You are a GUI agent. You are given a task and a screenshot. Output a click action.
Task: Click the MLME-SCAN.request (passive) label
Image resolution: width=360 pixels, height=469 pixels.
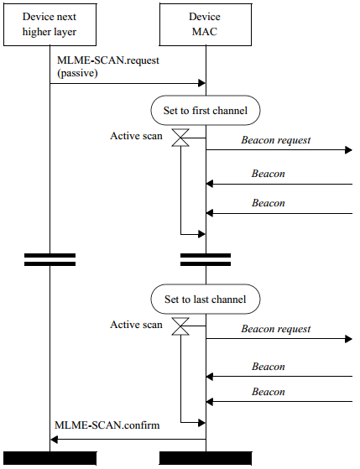coord(108,66)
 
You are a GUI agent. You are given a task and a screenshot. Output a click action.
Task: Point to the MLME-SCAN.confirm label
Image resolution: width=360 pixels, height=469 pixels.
coord(107,425)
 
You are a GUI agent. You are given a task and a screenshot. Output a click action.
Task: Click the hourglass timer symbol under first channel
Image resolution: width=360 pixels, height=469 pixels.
coord(180,138)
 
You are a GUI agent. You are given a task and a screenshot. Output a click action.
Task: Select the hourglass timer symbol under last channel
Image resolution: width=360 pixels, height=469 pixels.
coord(180,326)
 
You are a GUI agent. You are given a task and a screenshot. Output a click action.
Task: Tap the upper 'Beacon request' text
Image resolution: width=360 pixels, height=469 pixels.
coord(276,140)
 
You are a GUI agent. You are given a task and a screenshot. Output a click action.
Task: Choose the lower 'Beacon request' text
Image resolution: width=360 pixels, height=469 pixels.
coord(276,329)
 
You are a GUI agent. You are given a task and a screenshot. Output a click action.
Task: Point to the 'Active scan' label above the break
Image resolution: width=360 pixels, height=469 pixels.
coord(136,136)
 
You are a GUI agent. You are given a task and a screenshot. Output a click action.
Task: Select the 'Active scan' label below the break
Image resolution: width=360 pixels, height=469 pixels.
coord(136,325)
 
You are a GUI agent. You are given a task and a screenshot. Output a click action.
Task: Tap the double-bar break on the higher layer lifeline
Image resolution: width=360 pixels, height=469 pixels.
coord(50,259)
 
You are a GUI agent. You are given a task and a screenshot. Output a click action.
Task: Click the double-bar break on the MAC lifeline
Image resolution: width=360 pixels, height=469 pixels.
coord(206,259)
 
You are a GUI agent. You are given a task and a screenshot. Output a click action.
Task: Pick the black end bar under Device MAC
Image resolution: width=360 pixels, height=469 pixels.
coord(206,458)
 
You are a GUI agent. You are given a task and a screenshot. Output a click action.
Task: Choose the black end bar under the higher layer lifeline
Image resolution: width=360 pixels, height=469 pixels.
coord(50,458)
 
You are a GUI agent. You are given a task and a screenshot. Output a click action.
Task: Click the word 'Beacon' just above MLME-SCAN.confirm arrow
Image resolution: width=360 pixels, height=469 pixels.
coord(269,392)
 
